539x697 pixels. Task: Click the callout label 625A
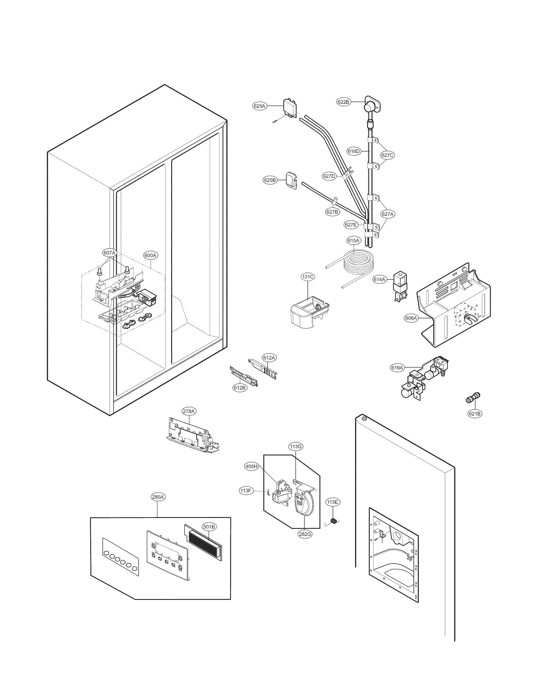pyautogui.click(x=259, y=106)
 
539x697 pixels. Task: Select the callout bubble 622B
pyautogui.click(x=343, y=102)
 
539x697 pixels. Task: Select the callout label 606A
pyautogui.click(x=411, y=318)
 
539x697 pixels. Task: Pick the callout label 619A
pyautogui.click(x=397, y=368)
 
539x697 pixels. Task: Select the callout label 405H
pyautogui.click(x=251, y=466)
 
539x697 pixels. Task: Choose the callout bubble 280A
pyautogui.click(x=158, y=497)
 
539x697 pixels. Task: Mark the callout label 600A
pyautogui.click(x=150, y=255)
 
